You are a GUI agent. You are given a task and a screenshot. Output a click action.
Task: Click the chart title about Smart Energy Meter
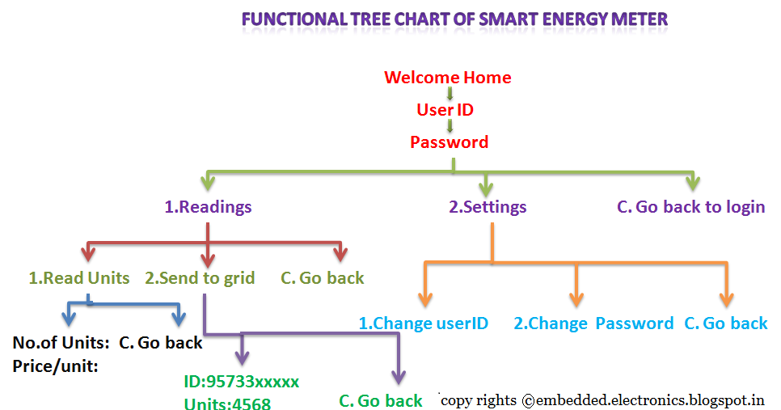(x=455, y=18)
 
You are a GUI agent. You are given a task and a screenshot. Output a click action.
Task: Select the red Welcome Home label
(x=447, y=78)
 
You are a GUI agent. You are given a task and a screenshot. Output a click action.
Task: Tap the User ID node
(x=445, y=110)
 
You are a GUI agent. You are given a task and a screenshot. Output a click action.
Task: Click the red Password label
(x=449, y=142)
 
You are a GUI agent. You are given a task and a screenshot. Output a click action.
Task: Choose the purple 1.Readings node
(x=208, y=207)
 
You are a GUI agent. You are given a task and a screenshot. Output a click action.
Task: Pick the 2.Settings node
(x=488, y=207)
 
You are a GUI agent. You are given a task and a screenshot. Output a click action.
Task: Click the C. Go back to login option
(x=690, y=207)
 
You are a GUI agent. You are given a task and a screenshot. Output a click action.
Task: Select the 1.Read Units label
(x=79, y=278)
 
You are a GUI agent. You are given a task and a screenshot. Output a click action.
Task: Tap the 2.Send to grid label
(x=200, y=278)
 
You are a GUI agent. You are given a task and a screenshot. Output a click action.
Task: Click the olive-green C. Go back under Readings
(x=323, y=278)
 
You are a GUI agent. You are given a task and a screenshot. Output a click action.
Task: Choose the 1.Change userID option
(x=424, y=323)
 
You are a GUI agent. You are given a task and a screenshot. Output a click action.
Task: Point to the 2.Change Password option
(x=593, y=323)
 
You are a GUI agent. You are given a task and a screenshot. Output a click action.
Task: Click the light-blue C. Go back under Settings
(x=725, y=323)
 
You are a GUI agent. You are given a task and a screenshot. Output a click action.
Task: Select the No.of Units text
(x=61, y=343)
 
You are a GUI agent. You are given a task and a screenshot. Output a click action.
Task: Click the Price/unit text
(x=56, y=366)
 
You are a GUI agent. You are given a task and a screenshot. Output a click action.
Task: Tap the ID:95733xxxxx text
(x=242, y=381)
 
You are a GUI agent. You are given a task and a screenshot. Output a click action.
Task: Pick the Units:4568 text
(x=227, y=403)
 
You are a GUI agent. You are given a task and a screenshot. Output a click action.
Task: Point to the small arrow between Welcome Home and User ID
(x=449, y=94)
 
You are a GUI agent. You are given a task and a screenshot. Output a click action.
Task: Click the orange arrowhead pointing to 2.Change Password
(x=576, y=298)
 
